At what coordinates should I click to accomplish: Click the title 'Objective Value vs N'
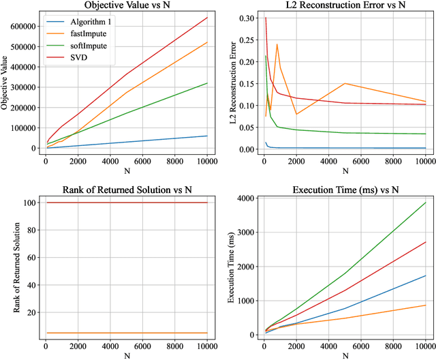(x=126, y=6)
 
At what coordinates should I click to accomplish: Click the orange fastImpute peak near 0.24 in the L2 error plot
(x=277, y=44)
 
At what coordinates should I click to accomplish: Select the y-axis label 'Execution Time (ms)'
(x=230, y=267)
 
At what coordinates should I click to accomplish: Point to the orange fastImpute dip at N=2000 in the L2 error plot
(x=296, y=114)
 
